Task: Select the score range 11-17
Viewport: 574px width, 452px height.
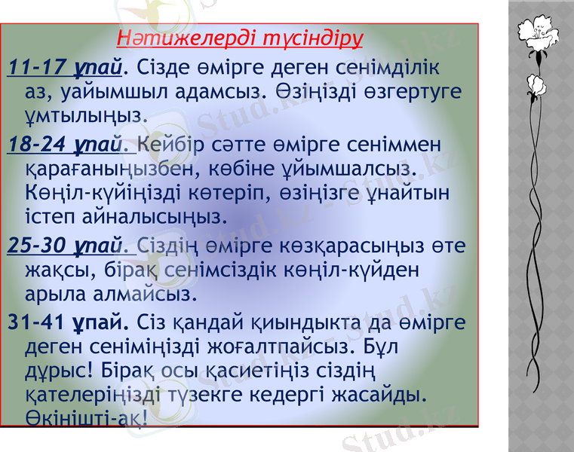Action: point(36,69)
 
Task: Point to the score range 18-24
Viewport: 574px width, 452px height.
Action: point(36,142)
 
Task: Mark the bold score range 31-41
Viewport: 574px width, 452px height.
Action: point(36,322)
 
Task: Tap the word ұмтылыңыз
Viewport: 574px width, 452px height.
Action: point(84,117)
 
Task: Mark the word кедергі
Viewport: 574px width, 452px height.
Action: point(277,396)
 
